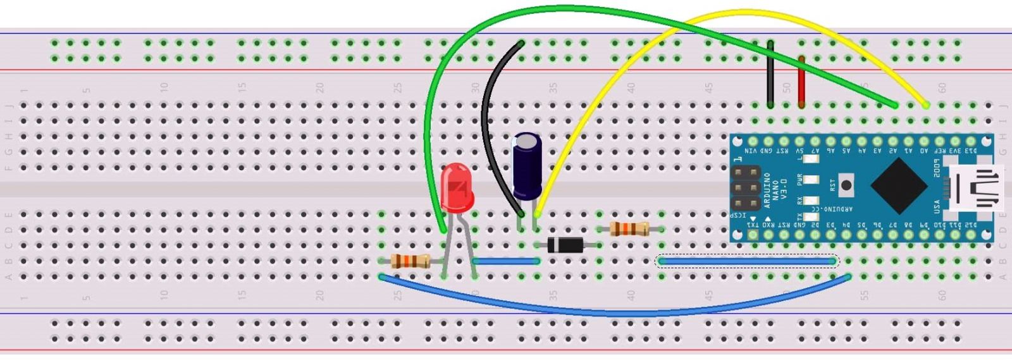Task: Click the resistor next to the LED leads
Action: tap(410, 261)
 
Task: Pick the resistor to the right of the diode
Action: tap(630, 229)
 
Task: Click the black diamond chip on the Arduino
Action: tap(899, 186)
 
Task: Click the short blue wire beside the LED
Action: tap(505, 261)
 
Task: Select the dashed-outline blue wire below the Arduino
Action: tap(746, 261)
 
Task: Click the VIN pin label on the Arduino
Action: tap(751, 151)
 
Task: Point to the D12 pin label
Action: tap(971, 225)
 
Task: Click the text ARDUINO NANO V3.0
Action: tap(775, 190)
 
